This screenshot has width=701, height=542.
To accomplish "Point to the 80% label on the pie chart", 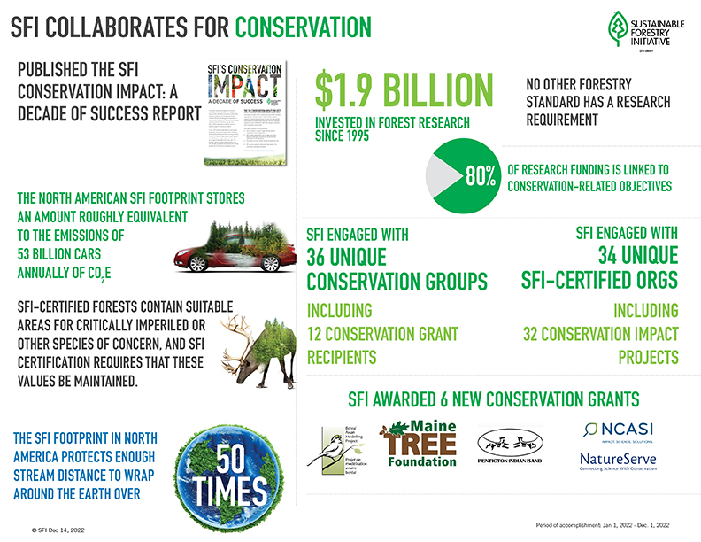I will tap(480, 175).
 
